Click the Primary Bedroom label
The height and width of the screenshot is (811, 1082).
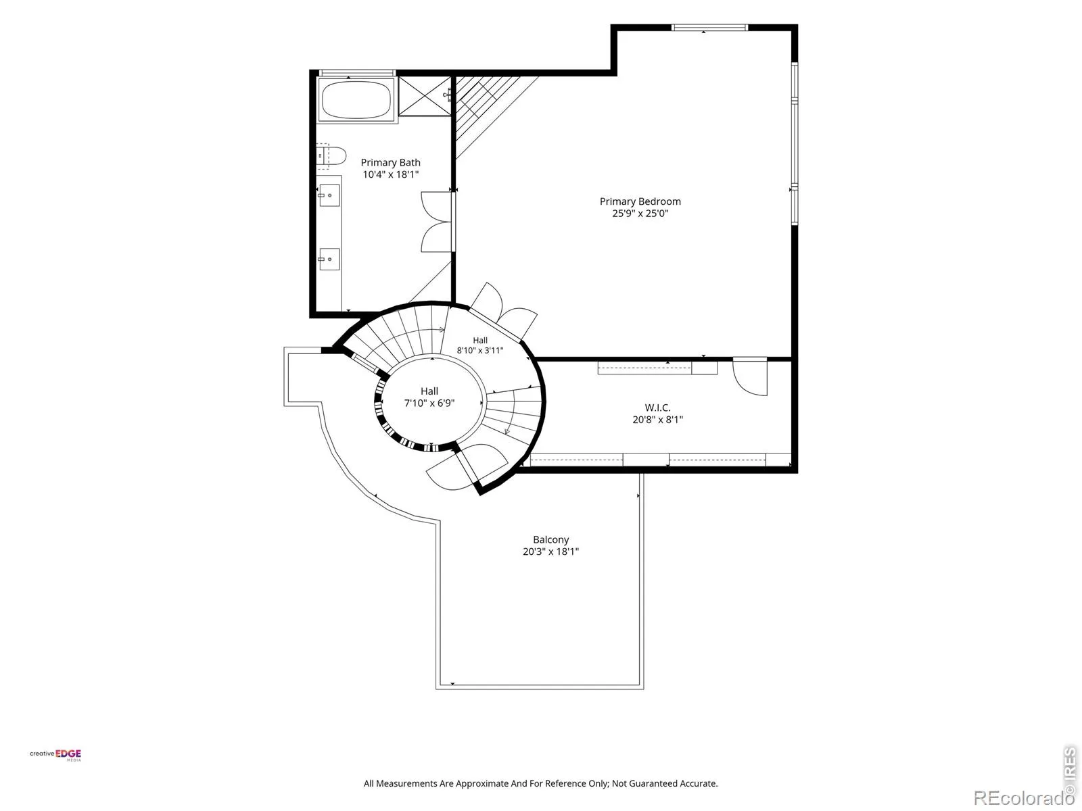click(x=640, y=201)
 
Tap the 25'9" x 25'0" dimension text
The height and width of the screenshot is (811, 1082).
click(x=640, y=213)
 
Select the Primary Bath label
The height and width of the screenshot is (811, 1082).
click(x=390, y=162)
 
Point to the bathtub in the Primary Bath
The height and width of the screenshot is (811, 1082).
click(x=356, y=100)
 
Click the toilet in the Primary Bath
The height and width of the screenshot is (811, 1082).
click(x=331, y=155)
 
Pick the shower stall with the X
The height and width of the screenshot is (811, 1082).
click(x=425, y=96)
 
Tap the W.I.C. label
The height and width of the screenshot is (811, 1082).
click(x=657, y=408)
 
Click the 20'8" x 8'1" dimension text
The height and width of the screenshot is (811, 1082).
click(x=657, y=420)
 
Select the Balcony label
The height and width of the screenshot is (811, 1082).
click(x=550, y=540)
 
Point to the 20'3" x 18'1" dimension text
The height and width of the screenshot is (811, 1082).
click(x=550, y=551)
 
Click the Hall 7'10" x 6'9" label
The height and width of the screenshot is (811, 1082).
click(x=429, y=397)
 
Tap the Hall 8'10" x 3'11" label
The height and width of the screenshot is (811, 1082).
click(x=480, y=345)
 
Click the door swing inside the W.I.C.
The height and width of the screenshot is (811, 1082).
click(x=750, y=376)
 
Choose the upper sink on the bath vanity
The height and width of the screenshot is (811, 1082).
click(x=329, y=195)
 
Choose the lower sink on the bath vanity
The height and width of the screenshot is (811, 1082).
click(x=329, y=259)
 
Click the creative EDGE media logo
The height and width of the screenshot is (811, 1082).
click(x=55, y=755)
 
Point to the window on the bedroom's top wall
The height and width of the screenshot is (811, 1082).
click(x=709, y=28)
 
